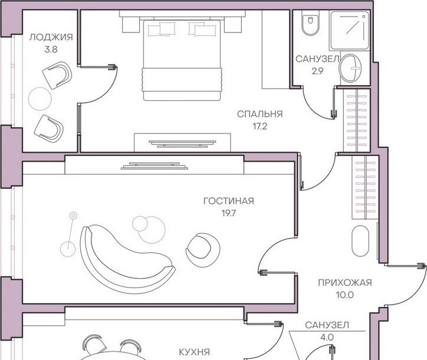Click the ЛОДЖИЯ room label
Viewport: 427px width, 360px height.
tap(51, 37)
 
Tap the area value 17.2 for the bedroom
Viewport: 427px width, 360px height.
tap(260, 127)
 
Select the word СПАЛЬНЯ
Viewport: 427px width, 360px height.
tap(260, 114)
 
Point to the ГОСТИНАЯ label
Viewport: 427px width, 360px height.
tap(228, 201)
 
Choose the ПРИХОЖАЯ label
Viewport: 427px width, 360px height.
tap(345, 283)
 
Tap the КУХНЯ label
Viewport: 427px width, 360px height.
tap(195, 352)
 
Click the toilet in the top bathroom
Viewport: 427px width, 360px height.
tap(310, 24)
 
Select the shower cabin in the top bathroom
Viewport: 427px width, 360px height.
tap(349, 30)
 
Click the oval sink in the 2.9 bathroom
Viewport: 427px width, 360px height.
tap(350, 68)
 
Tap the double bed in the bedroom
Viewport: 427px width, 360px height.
tap(182, 60)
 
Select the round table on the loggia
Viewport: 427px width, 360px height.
tap(40, 98)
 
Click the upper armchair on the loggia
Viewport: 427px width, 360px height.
tap(57, 75)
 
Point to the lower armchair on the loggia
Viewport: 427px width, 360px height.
tap(49, 128)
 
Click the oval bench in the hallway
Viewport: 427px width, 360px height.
tap(360, 240)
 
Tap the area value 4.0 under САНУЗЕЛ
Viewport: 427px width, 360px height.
tap(327, 338)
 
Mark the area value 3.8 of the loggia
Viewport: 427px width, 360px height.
tap(51, 49)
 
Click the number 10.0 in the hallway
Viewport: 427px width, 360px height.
tap(345, 295)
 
